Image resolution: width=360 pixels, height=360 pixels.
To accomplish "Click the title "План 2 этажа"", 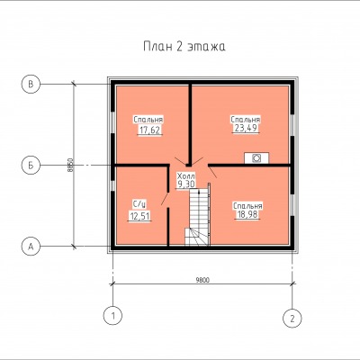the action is (x=184, y=47).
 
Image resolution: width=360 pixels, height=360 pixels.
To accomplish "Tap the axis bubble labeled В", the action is (x=31, y=85).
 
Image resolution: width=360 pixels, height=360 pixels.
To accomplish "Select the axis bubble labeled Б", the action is (x=31, y=166).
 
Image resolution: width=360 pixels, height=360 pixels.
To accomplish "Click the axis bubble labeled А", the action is (x=31, y=247).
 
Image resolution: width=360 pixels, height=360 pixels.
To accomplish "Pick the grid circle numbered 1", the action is (x=112, y=316).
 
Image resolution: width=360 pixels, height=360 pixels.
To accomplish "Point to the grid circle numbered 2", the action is (x=292, y=318).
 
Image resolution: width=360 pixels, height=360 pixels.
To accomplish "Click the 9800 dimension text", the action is (x=202, y=280).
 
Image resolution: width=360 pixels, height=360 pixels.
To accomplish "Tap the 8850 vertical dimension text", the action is (x=70, y=165).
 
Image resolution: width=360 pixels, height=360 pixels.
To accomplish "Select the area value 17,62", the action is (x=149, y=130).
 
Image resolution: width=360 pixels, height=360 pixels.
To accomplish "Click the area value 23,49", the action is (x=246, y=128).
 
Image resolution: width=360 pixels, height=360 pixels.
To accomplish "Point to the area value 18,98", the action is (x=247, y=214).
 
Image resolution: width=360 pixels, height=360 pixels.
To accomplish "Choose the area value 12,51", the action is (x=139, y=216).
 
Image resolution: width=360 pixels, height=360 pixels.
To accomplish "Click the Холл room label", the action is (x=186, y=175).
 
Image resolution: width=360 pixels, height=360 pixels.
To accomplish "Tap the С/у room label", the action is (x=139, y=204).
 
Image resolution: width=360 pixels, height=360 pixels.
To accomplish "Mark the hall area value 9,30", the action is (x=186, y=184).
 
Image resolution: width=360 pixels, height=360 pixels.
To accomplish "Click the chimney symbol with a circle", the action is (x=256, y=158).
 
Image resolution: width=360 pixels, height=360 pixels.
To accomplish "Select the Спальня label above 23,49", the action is (x=246, y=120).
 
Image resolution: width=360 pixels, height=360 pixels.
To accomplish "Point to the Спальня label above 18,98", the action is (x=247, y=206).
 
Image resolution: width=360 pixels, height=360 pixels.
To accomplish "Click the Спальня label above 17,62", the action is (x=148, y=120).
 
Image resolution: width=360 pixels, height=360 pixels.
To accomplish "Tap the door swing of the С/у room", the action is (x=165, y=199).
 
